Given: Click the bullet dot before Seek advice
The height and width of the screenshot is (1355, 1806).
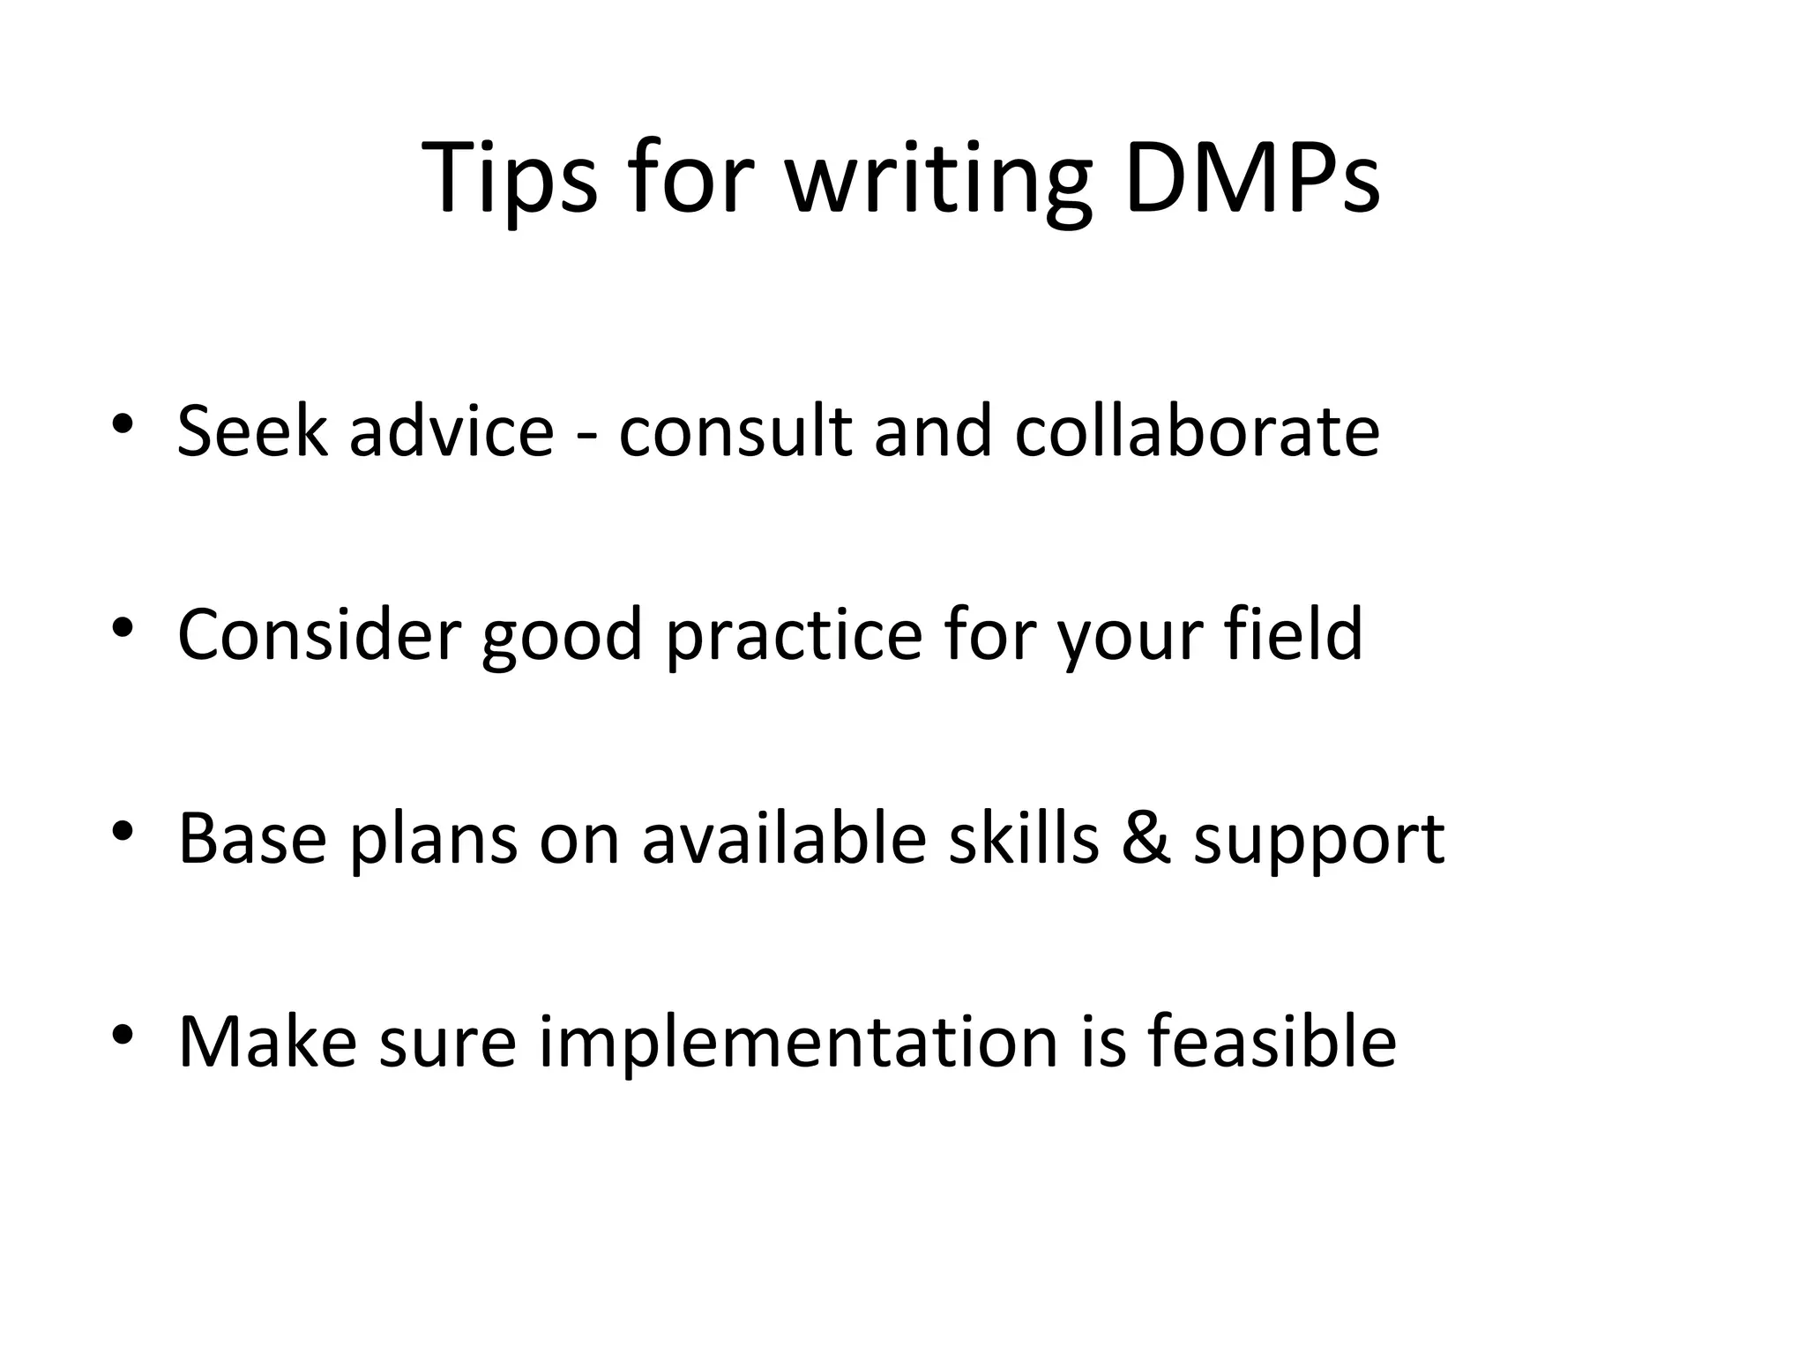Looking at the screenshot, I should click(123, 423).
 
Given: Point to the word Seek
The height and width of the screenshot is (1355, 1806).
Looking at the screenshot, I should click(252, 431).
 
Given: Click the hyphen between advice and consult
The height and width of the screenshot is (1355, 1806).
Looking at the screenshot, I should click(586, 435).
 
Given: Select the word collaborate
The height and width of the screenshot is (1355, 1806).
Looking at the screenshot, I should click(1197, 431).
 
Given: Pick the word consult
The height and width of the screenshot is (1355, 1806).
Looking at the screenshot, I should click(735, 431).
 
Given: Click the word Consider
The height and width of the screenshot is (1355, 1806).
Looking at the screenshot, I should click(319, 634).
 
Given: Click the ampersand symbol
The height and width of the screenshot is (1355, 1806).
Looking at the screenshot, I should click(1146, 839).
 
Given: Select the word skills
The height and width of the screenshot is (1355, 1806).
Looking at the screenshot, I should click(1024, 837).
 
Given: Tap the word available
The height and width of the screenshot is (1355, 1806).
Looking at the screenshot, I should click(784, 837).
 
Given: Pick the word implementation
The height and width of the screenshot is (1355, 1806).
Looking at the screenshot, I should click(798, 1044).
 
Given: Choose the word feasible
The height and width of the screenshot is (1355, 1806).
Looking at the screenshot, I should click(1272, 1041).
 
